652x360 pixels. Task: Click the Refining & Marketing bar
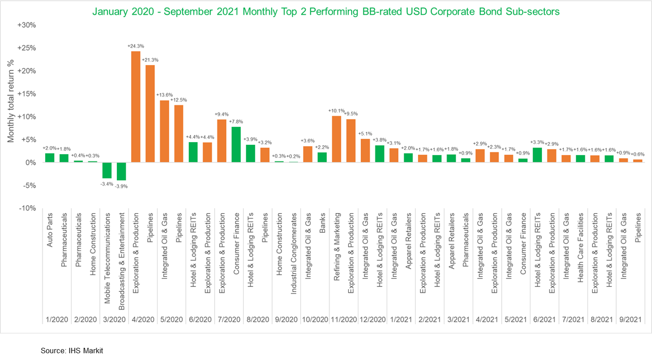(x=336, y=139)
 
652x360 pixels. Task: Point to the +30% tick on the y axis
(x=27, y=25)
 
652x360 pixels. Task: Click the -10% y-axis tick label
(x=27, y=208)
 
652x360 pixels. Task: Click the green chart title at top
(x=326, y=12)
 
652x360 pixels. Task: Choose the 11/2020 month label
(x=343, y=319)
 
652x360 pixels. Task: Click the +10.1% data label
(x=336, y=111)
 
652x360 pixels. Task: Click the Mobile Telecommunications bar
(x=107, y=171)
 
